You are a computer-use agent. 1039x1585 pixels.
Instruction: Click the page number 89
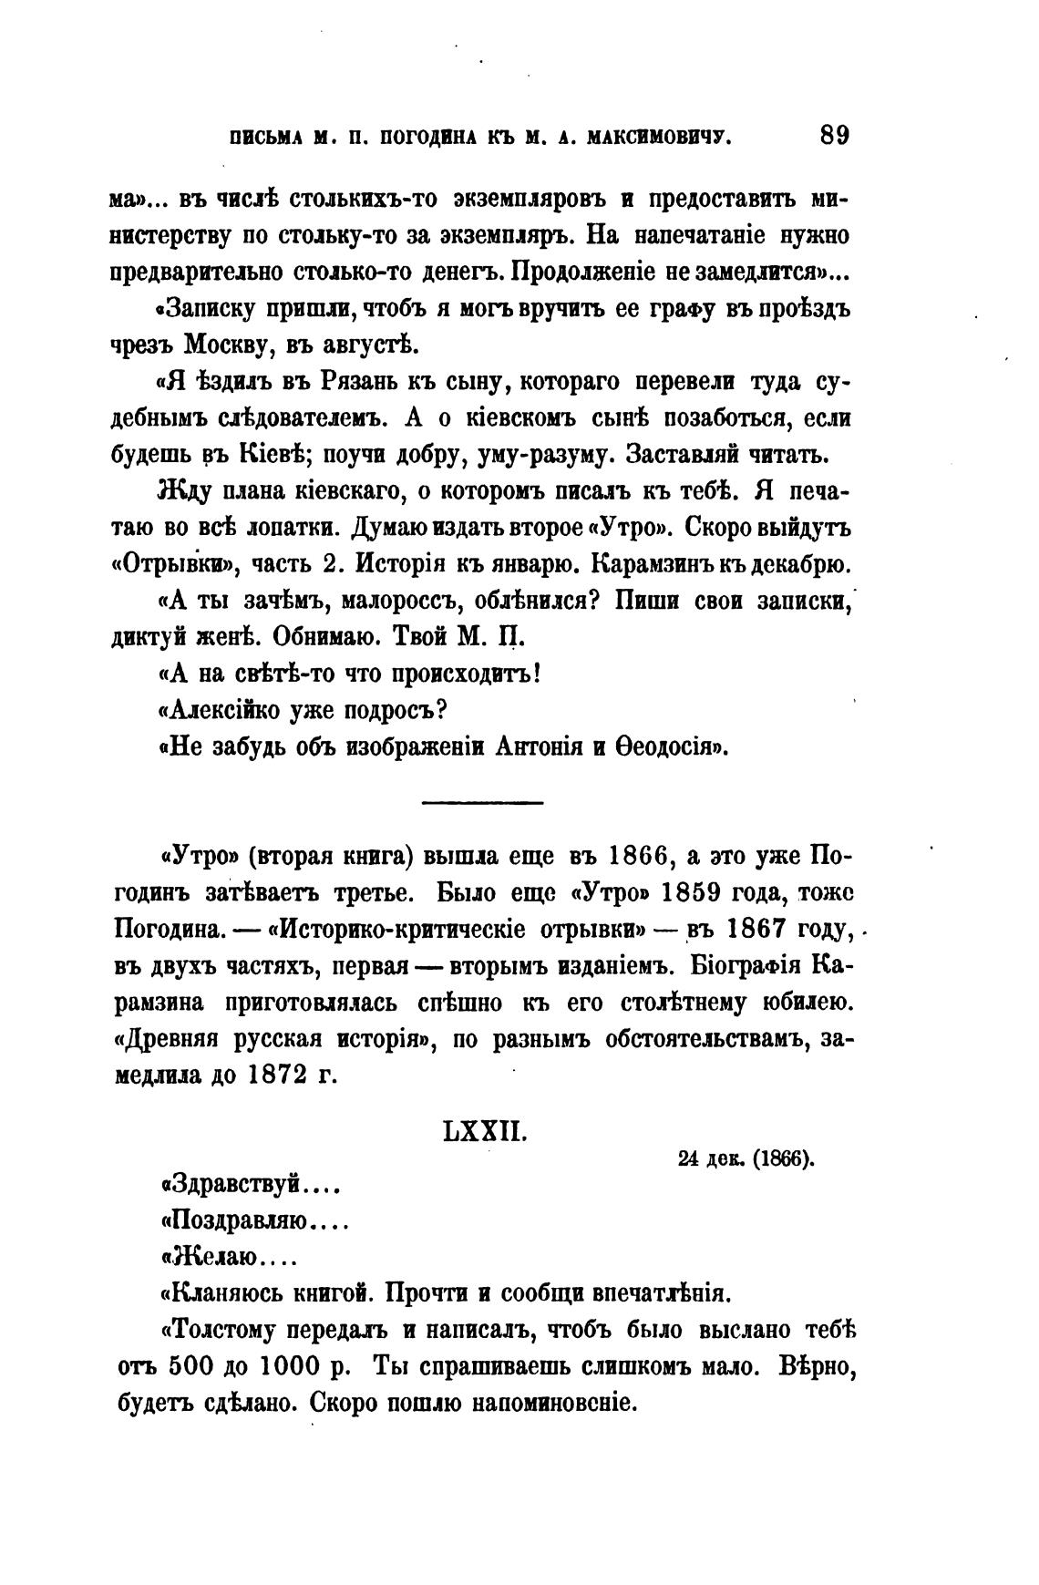click(x=834, y=136)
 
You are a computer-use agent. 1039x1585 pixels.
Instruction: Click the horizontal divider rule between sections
click(x=483, y=802)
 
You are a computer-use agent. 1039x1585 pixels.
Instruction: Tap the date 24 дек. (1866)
click(x=746, y=1159)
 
